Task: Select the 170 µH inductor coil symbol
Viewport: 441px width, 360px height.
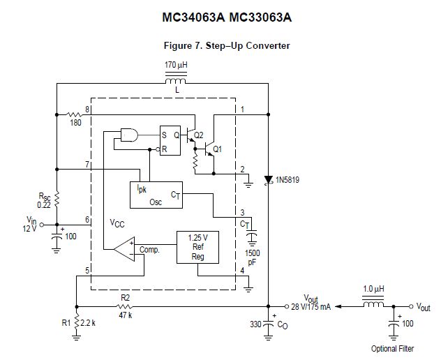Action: (176, 82)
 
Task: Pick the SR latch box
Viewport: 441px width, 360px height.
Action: (170, 140)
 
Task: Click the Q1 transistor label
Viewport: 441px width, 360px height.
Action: (218, 149)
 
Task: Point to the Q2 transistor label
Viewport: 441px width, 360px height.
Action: (199, 135)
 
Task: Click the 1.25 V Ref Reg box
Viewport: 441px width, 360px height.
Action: (198, 247)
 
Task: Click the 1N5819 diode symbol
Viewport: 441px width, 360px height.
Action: (268, 179)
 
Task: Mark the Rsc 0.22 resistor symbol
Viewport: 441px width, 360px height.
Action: (57, 200)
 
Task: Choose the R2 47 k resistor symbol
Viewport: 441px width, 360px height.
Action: (126, 306)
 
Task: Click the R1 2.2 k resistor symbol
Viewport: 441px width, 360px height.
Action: (76, 324)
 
